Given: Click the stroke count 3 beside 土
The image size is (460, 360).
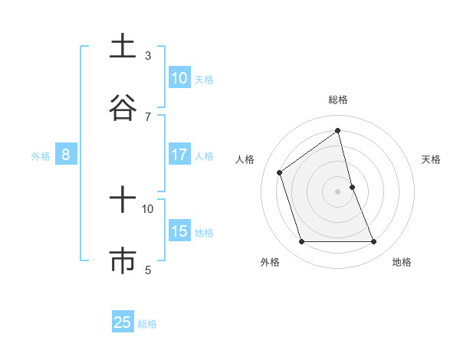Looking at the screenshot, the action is click(x=148, y=55).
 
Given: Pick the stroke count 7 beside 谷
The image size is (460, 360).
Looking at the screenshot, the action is click(x=148, y=116).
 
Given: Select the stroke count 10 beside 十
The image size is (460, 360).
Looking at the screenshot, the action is click(x=148, y=208).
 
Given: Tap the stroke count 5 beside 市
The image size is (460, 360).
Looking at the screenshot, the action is click(x=148, y=270).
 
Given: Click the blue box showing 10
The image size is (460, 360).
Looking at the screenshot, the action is click(x=179, y=78).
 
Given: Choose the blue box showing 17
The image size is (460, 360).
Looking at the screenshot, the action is click(x=179, y=155).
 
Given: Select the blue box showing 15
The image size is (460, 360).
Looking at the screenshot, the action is click(x=179, y=231).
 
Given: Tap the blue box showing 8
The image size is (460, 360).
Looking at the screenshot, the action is click(x=66, y=155).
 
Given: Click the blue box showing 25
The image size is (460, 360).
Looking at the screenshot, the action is click(x=123, y=322).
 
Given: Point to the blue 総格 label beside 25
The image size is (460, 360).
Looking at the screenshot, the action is click(x=147, y=324).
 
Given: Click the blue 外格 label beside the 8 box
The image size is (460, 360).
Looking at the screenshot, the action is click(x=41, y=156).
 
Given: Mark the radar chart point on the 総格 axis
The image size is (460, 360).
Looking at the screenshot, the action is click(x=337, y=131).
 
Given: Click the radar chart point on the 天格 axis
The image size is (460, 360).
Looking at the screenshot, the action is click(x=352, y=187).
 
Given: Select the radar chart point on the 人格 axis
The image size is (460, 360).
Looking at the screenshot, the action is click(x=280, y=172).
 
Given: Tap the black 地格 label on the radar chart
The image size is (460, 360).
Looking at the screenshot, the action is click(x=402, y=263).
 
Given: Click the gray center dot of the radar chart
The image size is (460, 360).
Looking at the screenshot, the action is click(x=337, y=191).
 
